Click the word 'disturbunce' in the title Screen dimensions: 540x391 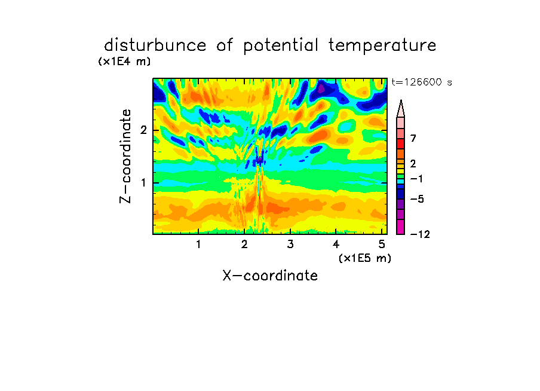tap(155, 45)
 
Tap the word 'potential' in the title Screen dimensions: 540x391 tap(281, 45)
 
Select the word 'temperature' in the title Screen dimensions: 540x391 tap(382, 45)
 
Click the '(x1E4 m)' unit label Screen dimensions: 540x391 tap(124, 62)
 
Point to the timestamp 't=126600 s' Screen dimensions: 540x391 tap(422, 82)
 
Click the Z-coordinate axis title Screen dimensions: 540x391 tap(125, 156)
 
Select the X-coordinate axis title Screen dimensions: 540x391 tap(270, 276)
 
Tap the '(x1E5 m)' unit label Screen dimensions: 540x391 tap(365, 258)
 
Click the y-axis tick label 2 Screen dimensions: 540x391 tap(143, 130)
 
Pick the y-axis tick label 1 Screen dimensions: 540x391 tap(143, 183)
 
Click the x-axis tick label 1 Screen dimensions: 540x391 tap(198, 245)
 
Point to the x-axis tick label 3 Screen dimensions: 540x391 tap(290, 245)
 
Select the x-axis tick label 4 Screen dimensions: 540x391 tap(336, 245)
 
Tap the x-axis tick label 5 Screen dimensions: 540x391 tap(382, 245)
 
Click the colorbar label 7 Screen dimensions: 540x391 tap(413, 138)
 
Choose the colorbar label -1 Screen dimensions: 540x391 tap(417, 179)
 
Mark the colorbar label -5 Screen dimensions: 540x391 tap(417, 199)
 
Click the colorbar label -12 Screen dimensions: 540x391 tap(420, 234)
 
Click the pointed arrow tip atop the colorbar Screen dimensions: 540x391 tap(401, 100)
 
